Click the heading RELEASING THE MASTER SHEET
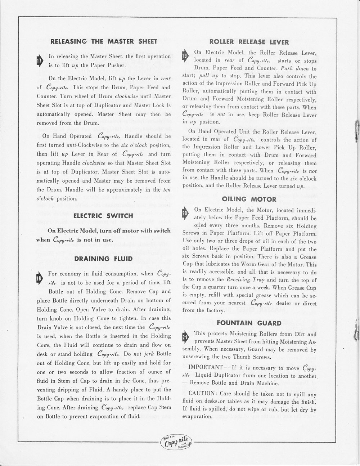point(104,41)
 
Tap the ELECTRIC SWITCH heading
point(103,216)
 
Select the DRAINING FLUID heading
point(104,259)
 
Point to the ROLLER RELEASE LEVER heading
point(249,42)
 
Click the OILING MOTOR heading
point(249,199)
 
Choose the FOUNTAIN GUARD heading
point(249,323)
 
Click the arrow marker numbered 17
point(40,61)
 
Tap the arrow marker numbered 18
point(40,278)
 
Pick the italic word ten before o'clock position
point(167,190)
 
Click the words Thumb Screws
point(256,357)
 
